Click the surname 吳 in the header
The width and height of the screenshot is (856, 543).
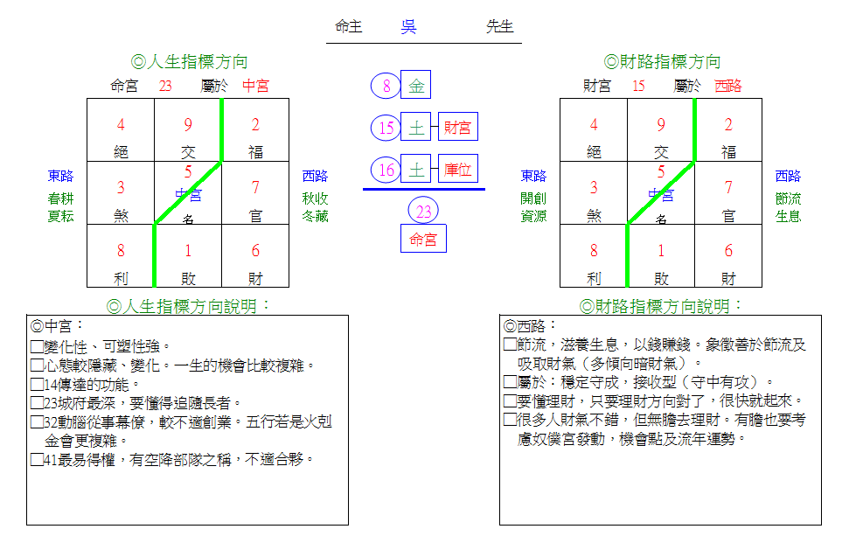[x=408, y=26]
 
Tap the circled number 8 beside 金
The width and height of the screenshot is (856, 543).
[x=386, y=86]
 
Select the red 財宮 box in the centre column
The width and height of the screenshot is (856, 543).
[x=458, y=127]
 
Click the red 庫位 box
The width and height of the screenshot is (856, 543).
[x=458, y=169]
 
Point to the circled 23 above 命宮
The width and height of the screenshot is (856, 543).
[x=423, y=211]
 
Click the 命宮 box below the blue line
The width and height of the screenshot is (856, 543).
[x=424, y=239]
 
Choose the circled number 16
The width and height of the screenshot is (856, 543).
[x=386, y=170]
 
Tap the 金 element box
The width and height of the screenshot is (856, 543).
[x=416, y=85]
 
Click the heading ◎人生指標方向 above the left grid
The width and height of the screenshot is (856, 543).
[x=190, y=62]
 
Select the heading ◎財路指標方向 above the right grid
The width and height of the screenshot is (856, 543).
[x=662, y=62]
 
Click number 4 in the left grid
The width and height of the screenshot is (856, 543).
[x=121, y=125]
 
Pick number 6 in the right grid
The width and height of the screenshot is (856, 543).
[x=728, y=250]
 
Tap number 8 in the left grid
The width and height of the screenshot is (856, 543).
[x=121, y=250]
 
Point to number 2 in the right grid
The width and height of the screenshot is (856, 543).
[x=728, y=125]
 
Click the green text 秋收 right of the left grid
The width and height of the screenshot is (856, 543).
[x=315, y=198]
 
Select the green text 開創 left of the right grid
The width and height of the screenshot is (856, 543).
[x=533, y=198]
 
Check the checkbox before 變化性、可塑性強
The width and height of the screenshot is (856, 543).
[x=37, y=346]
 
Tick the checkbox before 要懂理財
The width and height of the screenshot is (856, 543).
[x=510, y=401]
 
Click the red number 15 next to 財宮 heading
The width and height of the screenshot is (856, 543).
[x=639, y=86]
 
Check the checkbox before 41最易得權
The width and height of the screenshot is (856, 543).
[x=37, y=460]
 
